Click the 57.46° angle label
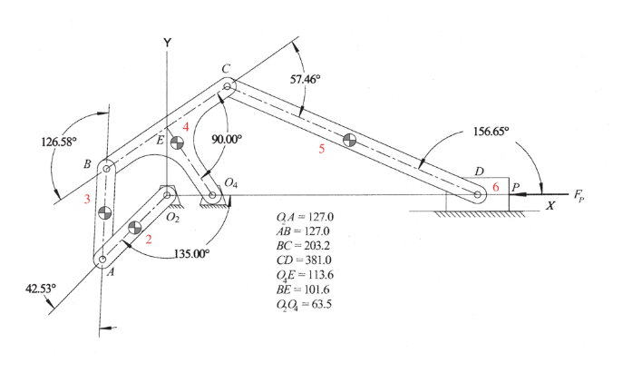click(x=305, y=79)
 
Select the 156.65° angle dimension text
click(x=491, y=132)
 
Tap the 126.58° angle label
click(x=59, y=142)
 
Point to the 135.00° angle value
click(x=191, y=254)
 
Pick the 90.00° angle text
click(x=227, y=140)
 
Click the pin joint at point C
click(x=228, y=86)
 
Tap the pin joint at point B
click(x=106, y=169)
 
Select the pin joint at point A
click(x=102, y=260)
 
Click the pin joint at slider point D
click(x=477, y=194)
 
